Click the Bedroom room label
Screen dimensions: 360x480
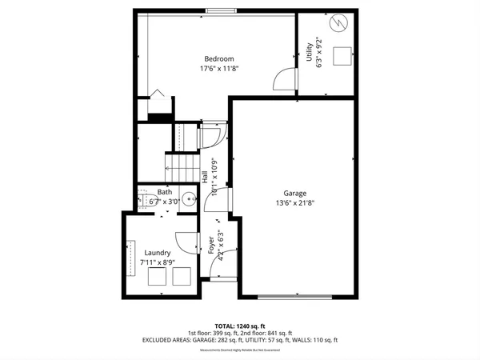[218, 58]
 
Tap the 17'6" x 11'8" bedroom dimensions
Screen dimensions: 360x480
[218, 69]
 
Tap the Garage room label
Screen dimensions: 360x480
[294, 193]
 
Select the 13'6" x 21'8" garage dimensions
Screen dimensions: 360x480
[294, 203]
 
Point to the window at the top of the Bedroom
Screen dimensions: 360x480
[218, 10]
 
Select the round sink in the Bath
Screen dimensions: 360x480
[188, 199]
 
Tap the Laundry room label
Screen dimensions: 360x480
[158, 253]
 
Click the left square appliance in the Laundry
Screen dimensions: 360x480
[158, 277]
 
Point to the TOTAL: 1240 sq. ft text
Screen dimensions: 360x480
[240, 326]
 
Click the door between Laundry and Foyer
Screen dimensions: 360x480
[186, 241]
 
